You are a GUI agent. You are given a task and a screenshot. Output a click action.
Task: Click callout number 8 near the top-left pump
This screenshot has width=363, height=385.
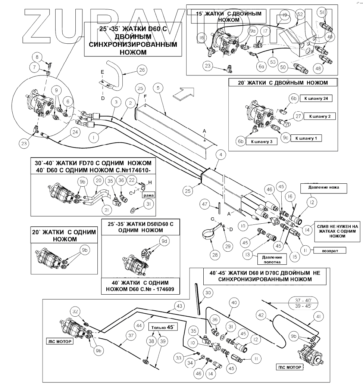(x=37, y=57)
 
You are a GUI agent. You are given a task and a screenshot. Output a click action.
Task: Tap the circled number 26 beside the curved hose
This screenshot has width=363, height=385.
(x=141, y=69)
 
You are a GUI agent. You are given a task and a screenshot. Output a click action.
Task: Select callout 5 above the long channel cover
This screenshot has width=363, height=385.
(x=159, y=88)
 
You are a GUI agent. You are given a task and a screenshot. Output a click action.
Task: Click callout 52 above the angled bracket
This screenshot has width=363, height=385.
(x=299, y=14)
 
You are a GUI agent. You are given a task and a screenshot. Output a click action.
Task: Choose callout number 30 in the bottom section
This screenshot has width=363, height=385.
(x=208, y=292)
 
